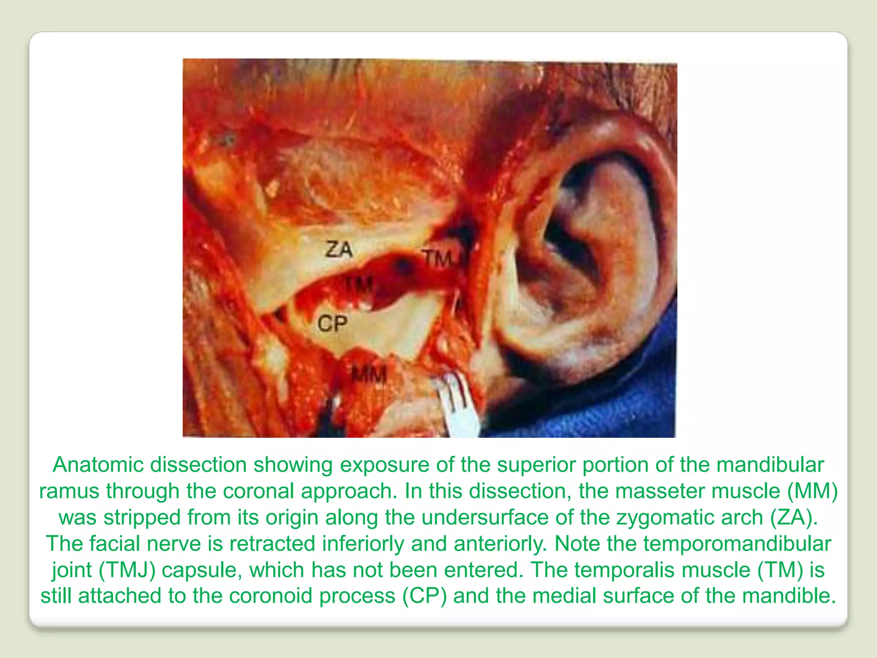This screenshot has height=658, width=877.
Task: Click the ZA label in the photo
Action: [x=339, y=249]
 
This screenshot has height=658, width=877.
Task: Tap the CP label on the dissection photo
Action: [x=332, y=323]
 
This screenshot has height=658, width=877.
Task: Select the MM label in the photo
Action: [x=369, y=376]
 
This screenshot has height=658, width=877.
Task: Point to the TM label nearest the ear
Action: [x=438, y=258]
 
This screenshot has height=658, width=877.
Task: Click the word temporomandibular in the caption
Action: [x=737, y=544]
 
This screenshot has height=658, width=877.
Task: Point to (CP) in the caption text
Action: [x=424, y=596]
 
